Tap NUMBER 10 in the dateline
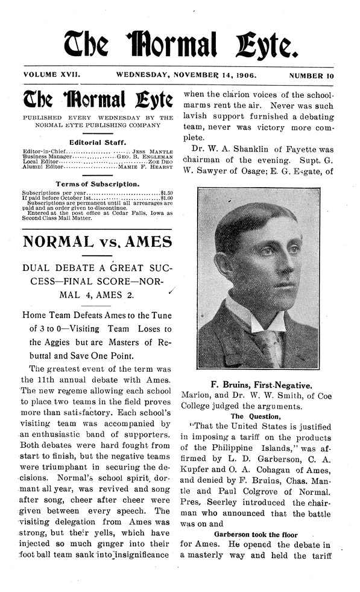point(311,77)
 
